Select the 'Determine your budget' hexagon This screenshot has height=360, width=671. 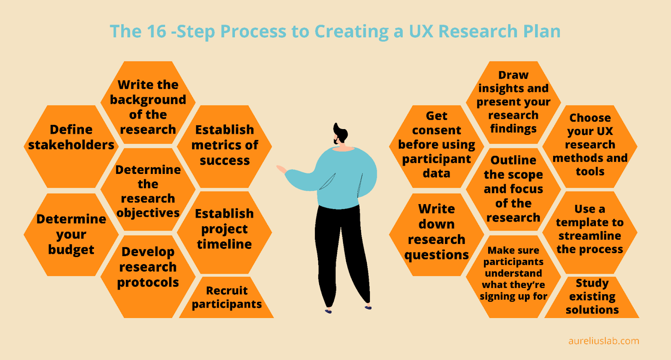coord(71,234)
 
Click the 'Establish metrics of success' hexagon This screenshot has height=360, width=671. coord(224,145)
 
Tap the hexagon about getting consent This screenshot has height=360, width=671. coord(437,145)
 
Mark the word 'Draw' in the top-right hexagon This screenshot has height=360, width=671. coord(513,75)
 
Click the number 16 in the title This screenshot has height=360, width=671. coord(156,32)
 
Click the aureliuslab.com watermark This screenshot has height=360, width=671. coord(603,341)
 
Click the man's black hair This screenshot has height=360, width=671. coord(341,132)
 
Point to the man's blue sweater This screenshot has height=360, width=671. coord(344,176)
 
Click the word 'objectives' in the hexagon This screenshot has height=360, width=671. coord(148,213)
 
